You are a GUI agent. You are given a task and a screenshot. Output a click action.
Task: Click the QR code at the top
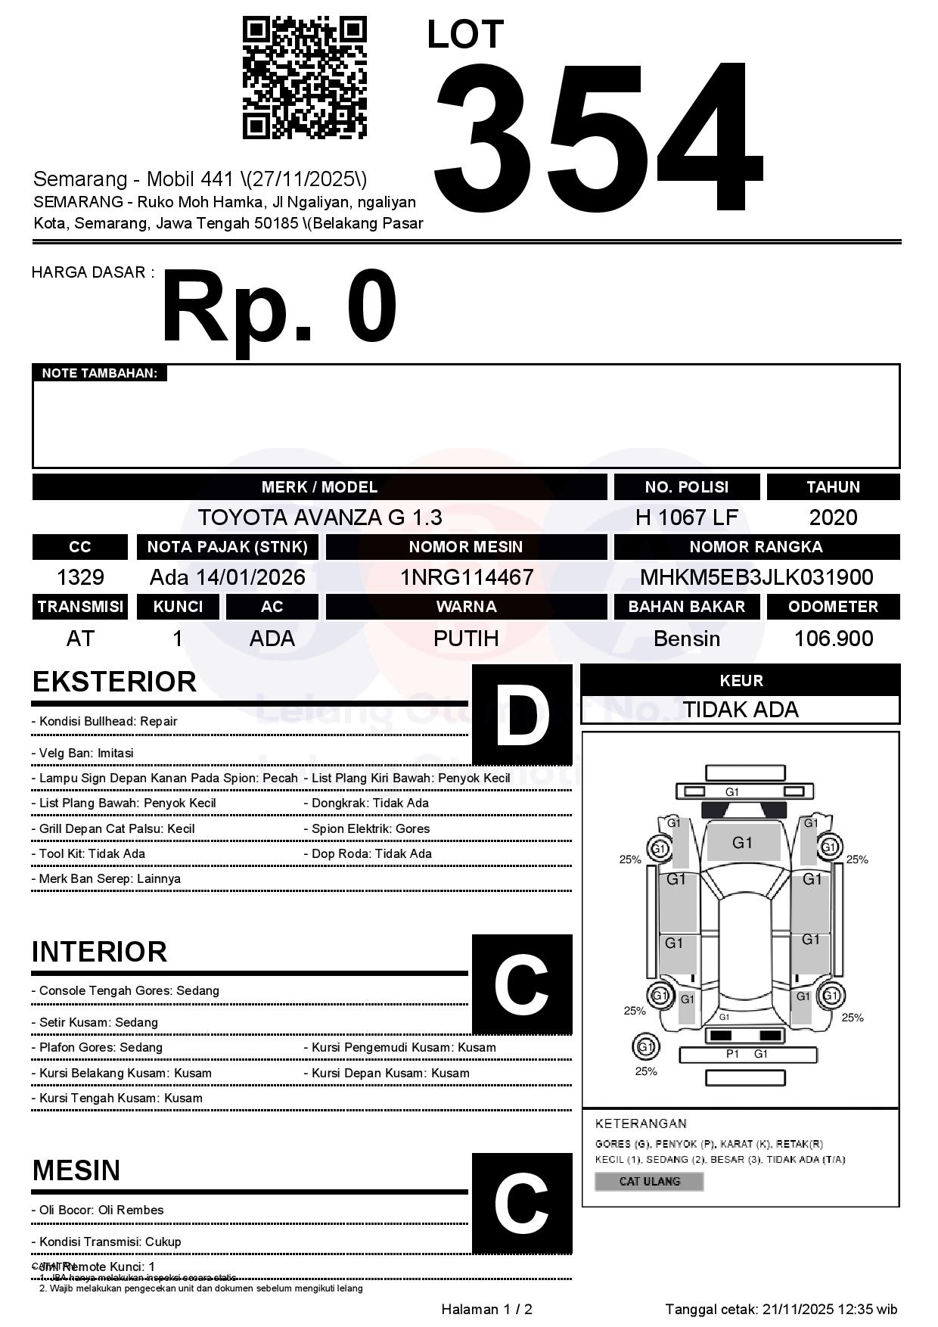click(304, 78)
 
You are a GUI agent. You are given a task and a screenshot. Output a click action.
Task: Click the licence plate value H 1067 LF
click(686, 517)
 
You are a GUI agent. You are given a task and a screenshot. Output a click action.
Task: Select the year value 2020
click(833, 517)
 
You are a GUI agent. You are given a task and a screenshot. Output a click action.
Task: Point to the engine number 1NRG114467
click(467, 577)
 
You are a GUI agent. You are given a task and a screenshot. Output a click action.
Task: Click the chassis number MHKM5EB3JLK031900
click(756, 577)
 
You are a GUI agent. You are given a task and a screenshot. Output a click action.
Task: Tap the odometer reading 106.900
click(833, 639)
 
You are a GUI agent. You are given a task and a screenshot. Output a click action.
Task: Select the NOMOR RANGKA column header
click(756, 547)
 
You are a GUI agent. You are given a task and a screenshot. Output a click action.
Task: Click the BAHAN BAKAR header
click(686, 607)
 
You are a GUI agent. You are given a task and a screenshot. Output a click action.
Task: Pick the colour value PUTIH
click(466, 639)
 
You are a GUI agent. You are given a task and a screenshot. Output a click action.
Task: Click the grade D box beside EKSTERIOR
click(522, 715)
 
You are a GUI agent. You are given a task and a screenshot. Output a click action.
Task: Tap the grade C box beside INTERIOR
click(522, 984)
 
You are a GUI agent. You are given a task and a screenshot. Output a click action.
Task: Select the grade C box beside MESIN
click(522, 1203)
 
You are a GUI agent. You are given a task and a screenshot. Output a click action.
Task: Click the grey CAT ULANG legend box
click(649, 1181)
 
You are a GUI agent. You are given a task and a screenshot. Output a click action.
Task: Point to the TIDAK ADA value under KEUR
click(741, 710)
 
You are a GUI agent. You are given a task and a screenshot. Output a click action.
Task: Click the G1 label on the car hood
click(742, 843)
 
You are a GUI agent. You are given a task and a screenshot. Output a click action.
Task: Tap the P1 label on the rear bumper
click(732, 1054)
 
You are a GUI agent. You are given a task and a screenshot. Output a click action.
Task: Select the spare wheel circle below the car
click(645, 1047)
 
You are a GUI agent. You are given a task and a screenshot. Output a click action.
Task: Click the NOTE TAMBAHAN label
click(99, 373)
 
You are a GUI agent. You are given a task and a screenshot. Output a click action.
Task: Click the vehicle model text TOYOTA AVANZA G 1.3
click(320, 517)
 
